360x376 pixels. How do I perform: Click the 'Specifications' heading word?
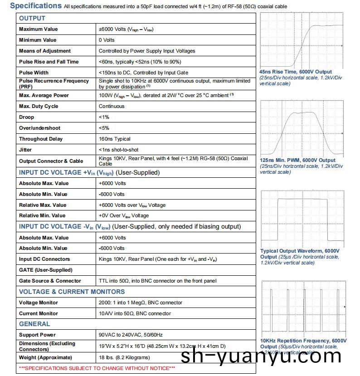coord(36,6)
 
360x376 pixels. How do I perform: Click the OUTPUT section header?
coord(32,18)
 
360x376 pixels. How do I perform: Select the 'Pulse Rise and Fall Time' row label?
coord(49,62)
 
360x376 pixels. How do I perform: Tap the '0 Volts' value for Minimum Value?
coord(107,40)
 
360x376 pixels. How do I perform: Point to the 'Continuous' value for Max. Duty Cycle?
coord(112,106)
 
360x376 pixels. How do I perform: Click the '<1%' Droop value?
coord(104,117)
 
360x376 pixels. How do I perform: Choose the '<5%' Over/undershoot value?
coord(104,128)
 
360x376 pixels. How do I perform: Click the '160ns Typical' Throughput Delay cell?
coord(114,139)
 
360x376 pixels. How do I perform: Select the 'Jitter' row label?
coord(25,150)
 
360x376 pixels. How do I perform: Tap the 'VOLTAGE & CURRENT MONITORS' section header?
coord(72,292)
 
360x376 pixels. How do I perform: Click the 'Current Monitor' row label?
coord(39,313)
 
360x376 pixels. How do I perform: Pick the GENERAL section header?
coord(34,324)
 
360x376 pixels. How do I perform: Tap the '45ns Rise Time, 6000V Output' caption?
coord(295,72)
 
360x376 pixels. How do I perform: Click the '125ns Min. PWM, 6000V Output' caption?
coord(297,160)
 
